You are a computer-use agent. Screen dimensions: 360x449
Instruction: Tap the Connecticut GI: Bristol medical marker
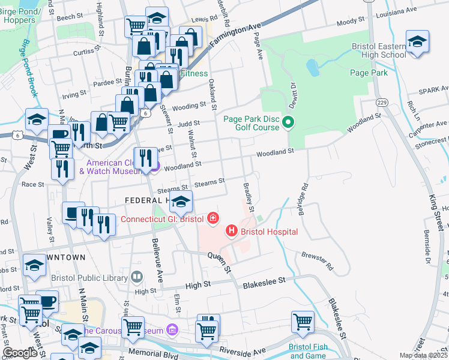point(212,218)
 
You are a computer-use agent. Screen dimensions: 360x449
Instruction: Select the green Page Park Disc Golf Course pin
point(289,124)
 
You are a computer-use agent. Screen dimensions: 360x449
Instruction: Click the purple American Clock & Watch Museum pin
point(154,166)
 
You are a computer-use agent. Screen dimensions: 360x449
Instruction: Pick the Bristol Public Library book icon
point(137,277)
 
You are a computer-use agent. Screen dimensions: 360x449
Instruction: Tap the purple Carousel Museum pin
point(173,330)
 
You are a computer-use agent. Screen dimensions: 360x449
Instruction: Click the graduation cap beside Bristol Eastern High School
point(417,42)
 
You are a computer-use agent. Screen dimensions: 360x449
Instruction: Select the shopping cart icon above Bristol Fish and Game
point(303,320)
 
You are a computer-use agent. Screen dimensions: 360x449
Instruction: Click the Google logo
point(20,353)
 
